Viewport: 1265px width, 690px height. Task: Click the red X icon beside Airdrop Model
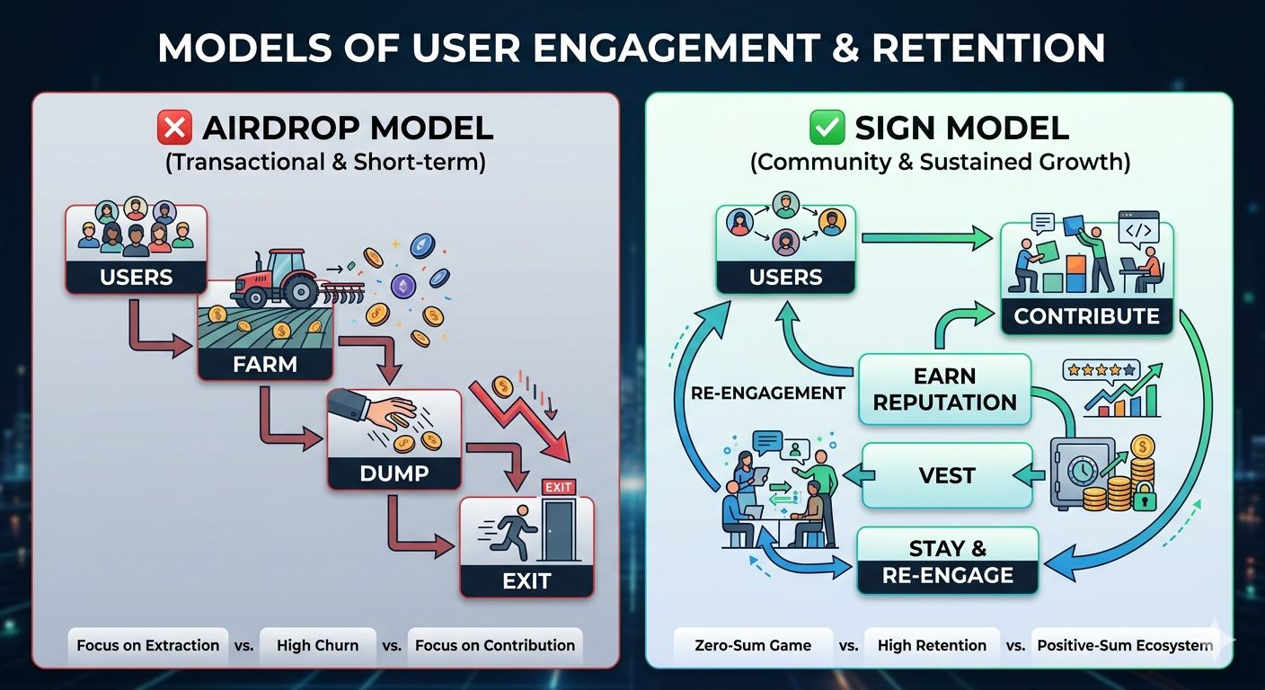(174, 128)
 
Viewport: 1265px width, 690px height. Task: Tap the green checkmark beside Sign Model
(827, 128)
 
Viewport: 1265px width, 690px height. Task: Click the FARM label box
(264, 364)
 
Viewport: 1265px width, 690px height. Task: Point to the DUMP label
(394, 473)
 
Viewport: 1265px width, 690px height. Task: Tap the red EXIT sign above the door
(558, 487)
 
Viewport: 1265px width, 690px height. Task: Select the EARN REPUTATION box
(944, 389)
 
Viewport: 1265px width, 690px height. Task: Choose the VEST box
(947, 475)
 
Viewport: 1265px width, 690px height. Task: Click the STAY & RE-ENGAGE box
(948, 562)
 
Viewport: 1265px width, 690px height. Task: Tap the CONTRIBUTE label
(1086, 316)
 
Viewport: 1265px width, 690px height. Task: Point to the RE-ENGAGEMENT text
(767, 393)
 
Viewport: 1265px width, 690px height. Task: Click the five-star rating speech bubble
(1100, 370)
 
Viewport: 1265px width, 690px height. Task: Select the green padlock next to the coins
(1144, 500)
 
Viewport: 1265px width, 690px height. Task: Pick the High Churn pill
(317, 645)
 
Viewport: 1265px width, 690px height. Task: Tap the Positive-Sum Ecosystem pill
(1124, 645)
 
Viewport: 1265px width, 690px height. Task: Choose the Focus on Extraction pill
(148, 645)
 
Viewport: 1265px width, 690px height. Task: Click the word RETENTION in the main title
(988, 49)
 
